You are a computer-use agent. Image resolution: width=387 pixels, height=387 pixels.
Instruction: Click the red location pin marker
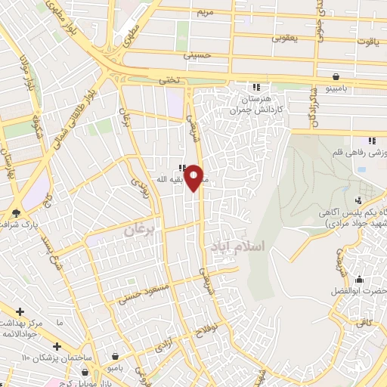[x=194, y=177]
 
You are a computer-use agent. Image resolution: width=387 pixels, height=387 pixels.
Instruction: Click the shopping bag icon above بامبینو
[x=336, y=76]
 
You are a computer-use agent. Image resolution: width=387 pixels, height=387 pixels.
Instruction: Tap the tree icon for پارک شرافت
[x=17, y=212]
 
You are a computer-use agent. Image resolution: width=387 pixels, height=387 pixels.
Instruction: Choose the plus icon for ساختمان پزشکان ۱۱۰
[x=57, y=346]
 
